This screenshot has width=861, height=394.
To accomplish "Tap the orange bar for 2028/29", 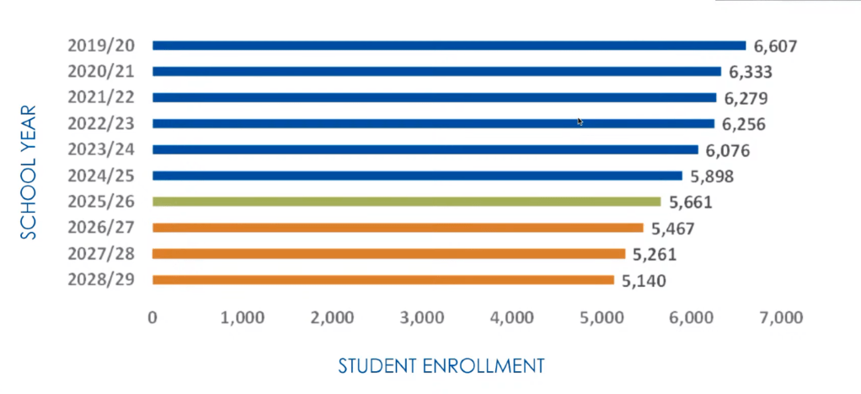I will (x=382, y=280).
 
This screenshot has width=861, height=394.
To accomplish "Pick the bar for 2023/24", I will (x=425, y=149).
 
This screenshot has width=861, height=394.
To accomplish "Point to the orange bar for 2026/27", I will (x=397, y=228).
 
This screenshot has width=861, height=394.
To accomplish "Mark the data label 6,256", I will (x=744, y=124).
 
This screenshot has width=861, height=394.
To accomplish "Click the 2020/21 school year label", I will (x=101, y=72).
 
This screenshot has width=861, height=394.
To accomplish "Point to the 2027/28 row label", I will (x=101, y=254).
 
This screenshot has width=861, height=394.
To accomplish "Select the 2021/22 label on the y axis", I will (x=101, y=98).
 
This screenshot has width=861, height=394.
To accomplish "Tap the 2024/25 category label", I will (x=101, y=176).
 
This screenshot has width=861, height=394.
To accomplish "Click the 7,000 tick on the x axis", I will (x=780, y=318).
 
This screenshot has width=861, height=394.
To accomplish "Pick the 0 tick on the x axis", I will (x=152, y=318).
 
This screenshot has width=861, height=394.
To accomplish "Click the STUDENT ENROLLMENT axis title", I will (x=441, y=366).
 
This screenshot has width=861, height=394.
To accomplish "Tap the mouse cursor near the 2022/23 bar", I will (x=580, y=122).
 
